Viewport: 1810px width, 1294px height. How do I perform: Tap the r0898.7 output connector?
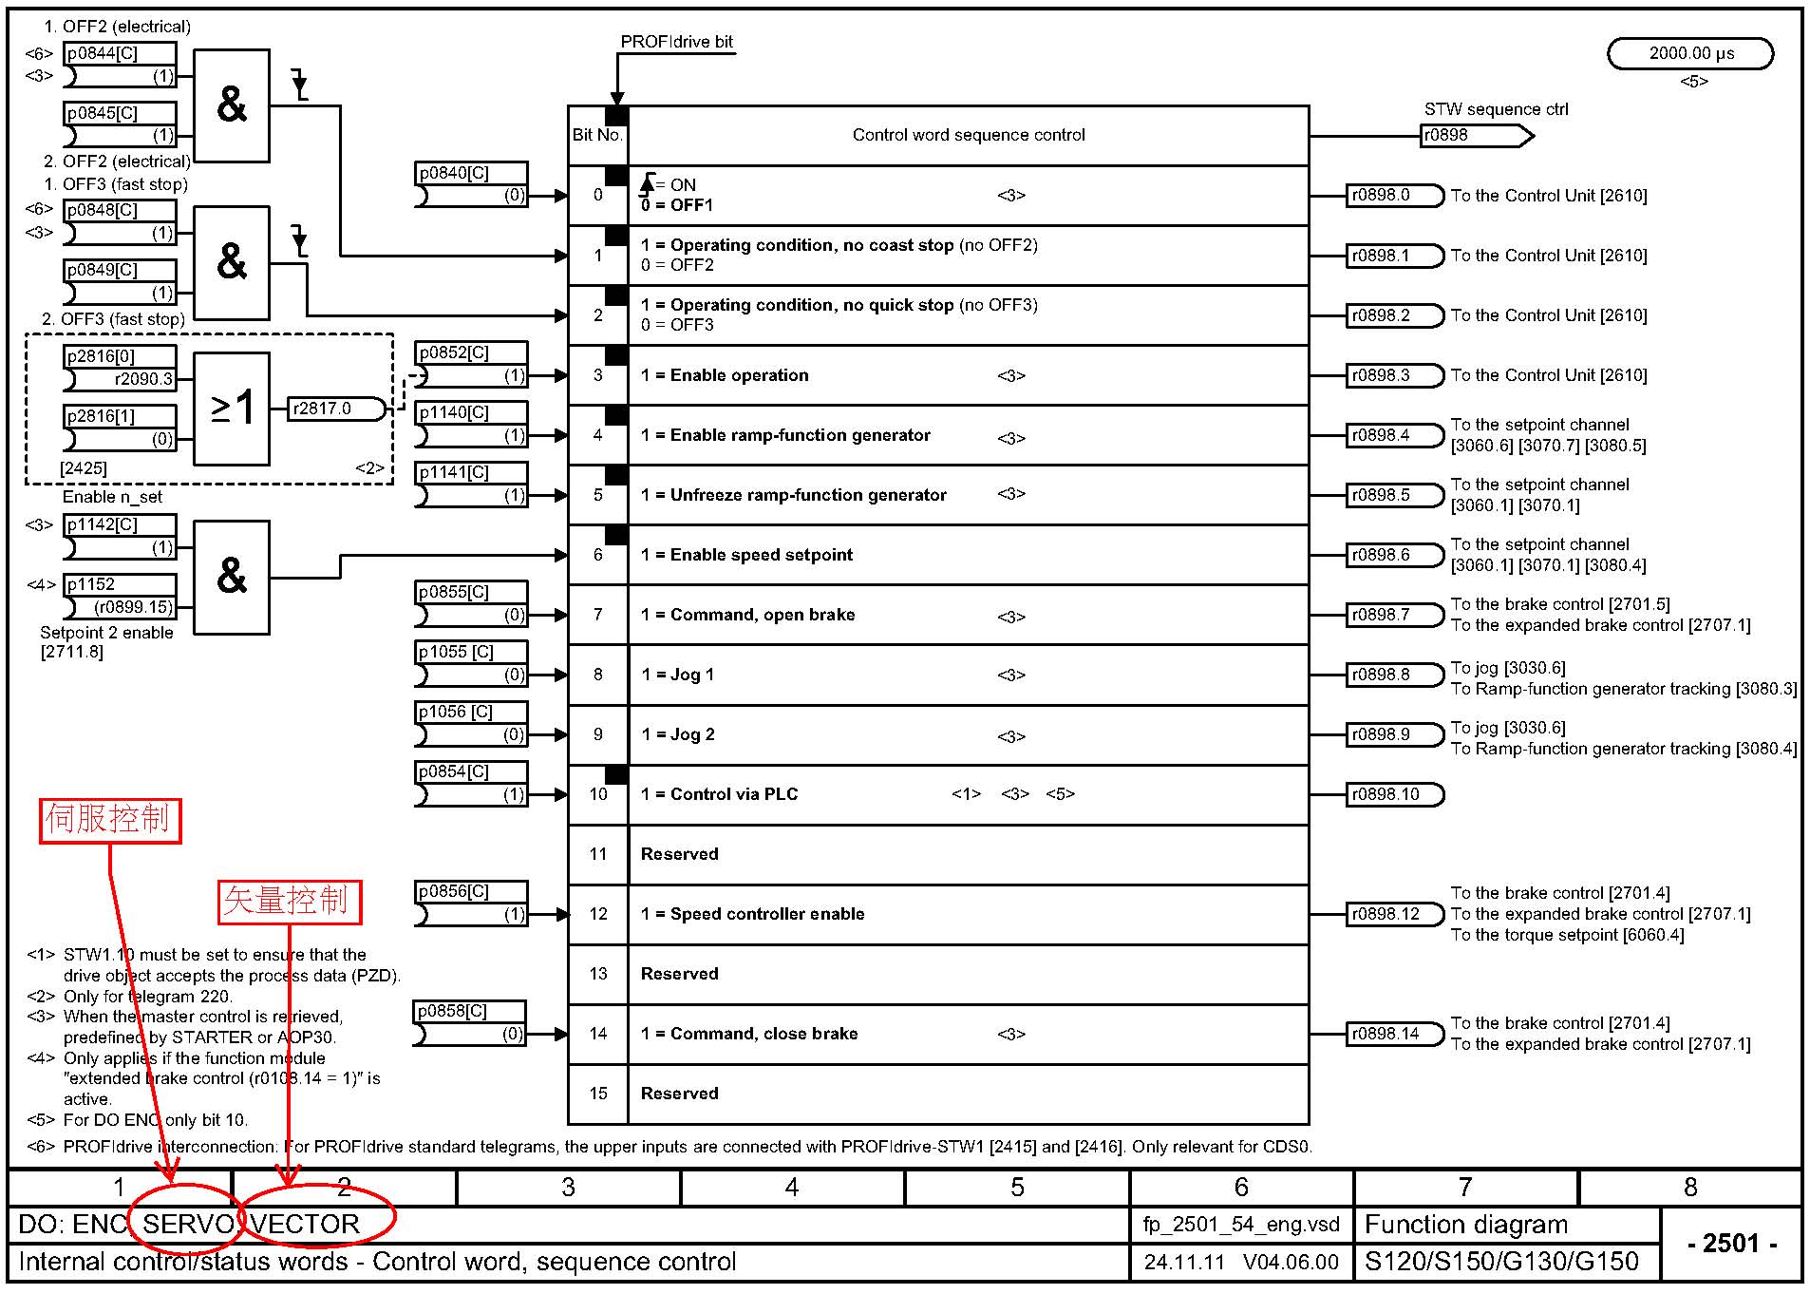pos(1395,615)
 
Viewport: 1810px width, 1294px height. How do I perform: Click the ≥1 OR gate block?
pos(232,409)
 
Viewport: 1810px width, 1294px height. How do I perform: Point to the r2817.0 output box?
pos(337,409)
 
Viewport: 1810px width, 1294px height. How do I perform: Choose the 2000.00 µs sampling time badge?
pos(1690,54)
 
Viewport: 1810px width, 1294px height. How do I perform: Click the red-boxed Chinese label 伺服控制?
pos(109,819)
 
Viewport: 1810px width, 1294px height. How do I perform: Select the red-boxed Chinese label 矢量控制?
pos(290,902)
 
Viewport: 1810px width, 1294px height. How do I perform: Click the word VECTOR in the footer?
pos(306,1224)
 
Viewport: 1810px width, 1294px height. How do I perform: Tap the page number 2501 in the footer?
pos(1732,1243)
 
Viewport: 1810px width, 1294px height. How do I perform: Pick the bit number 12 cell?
pos(598,914)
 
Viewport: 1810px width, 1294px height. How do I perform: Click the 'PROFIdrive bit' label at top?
pos(676,42)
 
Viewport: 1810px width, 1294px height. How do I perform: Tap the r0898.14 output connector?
pos(1395,1034)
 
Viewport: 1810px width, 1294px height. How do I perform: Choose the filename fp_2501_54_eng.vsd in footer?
pos(1241,1225)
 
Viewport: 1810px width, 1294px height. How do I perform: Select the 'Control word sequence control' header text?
pos(969,135)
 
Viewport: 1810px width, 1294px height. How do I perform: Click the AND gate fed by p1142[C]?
pos(232,577)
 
